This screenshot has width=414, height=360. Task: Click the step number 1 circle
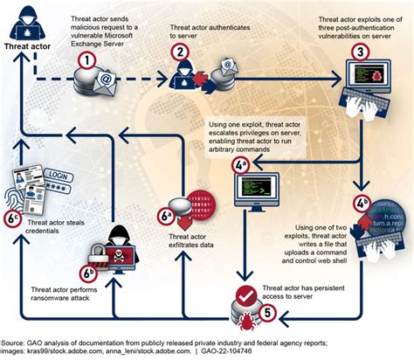click(x=86, y=60)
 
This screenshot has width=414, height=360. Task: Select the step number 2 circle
click(x=178, y=52)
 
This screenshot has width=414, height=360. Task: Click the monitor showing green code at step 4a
click(x=252, y=185)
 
